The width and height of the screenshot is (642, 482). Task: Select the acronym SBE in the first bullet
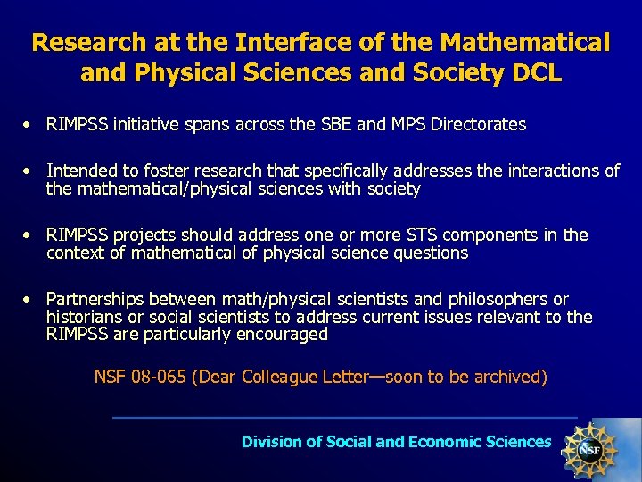coord(334,124)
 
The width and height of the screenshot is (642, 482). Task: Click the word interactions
coord(552,170)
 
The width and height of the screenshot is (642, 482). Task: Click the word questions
coord(424,253)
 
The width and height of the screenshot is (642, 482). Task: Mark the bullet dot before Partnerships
coord(29,299)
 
